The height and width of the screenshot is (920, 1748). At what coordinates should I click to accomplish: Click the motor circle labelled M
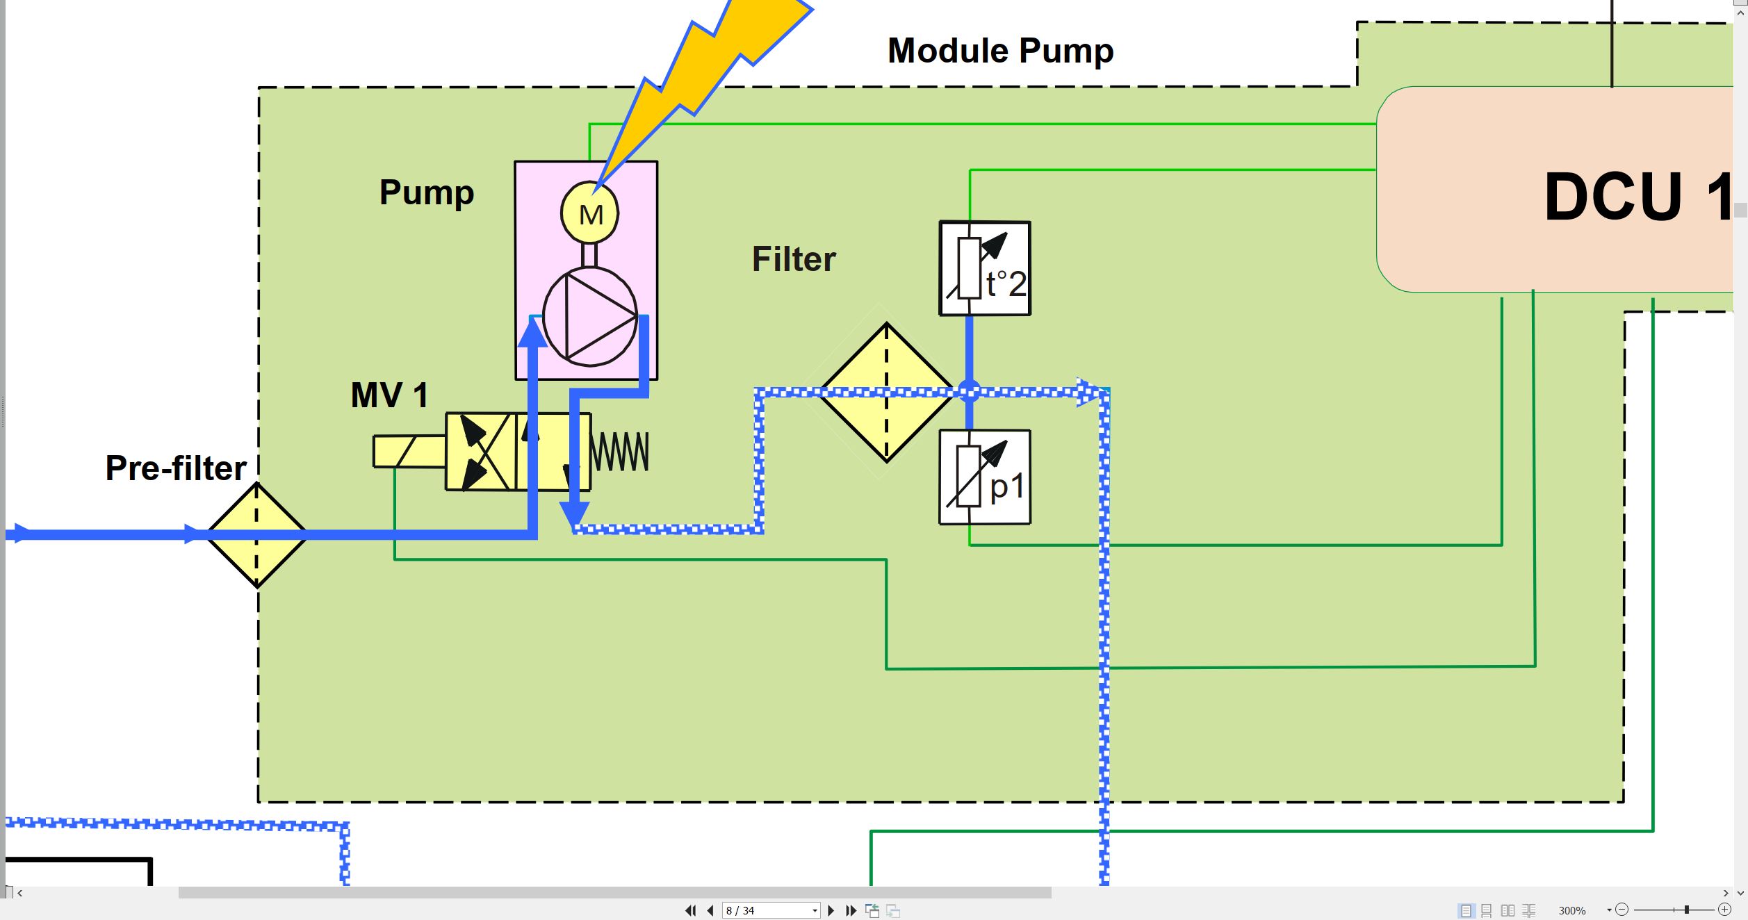[x=589, y=213]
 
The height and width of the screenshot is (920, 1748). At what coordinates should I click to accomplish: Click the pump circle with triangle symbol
[x=590, y=317]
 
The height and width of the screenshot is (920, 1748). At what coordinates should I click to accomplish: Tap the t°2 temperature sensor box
[x=985, y=268]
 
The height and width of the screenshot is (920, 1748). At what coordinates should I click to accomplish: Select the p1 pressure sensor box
[x=985, y=477]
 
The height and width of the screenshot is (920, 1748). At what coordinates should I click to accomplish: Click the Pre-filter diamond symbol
[x=256, y=535]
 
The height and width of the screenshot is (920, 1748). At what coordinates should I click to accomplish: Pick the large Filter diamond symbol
[x=887, y=392]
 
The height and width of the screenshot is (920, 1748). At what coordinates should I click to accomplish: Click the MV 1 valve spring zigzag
[x=620, y=452]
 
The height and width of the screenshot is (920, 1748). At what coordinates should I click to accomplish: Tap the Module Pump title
[x=1000, y=51]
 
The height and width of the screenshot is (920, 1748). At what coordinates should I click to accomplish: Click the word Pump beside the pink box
[x=426, y=192]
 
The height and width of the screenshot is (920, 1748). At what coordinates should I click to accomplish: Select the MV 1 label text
[x=389, y=395]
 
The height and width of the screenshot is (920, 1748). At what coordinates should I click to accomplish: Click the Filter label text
[x=794, y=259]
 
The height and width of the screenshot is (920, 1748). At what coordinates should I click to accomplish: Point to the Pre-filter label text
[x=176, y=468]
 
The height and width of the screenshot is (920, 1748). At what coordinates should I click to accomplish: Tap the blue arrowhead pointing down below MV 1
[x=575, y=514]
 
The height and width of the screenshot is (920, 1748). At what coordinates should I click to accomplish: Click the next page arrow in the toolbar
[x=831, y=910]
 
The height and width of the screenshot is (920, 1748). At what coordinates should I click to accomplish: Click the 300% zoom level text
[x=1571, y=910]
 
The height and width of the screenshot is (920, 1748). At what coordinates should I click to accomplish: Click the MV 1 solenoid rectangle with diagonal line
[x=409, y=452]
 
